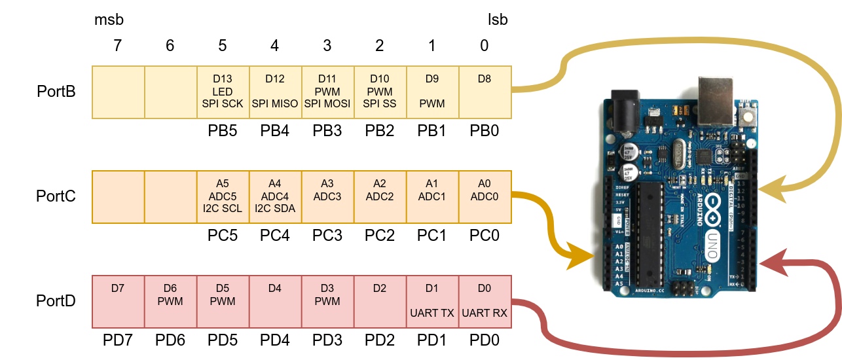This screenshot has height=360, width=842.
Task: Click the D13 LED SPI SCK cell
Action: tap(223, 92)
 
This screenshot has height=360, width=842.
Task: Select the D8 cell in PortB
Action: tap(485, 92)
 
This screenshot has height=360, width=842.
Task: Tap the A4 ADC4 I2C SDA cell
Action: tap(275, 196)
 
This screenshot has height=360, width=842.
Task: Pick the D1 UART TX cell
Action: tap(432, 301)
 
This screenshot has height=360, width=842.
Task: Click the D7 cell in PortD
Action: tap(118, 301)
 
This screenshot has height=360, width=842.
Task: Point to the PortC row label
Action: tap(56, 196)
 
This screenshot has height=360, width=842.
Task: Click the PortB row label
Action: tap(56, 92)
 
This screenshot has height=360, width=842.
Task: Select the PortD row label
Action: tap(56, 301)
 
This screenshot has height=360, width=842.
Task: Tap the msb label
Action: tap(109, 20)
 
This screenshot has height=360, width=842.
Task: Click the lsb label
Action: tap(498, 20)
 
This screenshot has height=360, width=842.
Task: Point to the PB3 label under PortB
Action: tap(327, 131)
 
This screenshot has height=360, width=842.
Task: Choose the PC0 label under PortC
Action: tap(485, 236)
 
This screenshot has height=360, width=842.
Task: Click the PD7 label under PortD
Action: tap(118, 340)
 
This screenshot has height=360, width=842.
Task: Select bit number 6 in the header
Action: tap(170, 46)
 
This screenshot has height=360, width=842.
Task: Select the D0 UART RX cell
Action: tap(485, 301)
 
